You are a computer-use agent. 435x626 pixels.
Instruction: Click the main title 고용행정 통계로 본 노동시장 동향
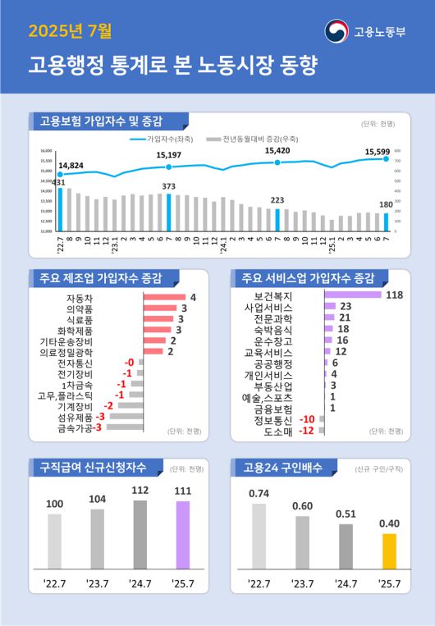coord(172,65)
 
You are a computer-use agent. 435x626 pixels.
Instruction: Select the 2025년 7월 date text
coord(70,32)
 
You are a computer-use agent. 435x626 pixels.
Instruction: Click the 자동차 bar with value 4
coord(164,298)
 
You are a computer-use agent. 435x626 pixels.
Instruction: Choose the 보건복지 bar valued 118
coord(353,295)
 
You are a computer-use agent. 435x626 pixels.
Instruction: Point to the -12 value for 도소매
coord(307,430)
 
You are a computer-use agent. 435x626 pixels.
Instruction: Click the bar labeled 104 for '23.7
coord(97,539)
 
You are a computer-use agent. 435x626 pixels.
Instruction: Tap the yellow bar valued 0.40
coord(389,551)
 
